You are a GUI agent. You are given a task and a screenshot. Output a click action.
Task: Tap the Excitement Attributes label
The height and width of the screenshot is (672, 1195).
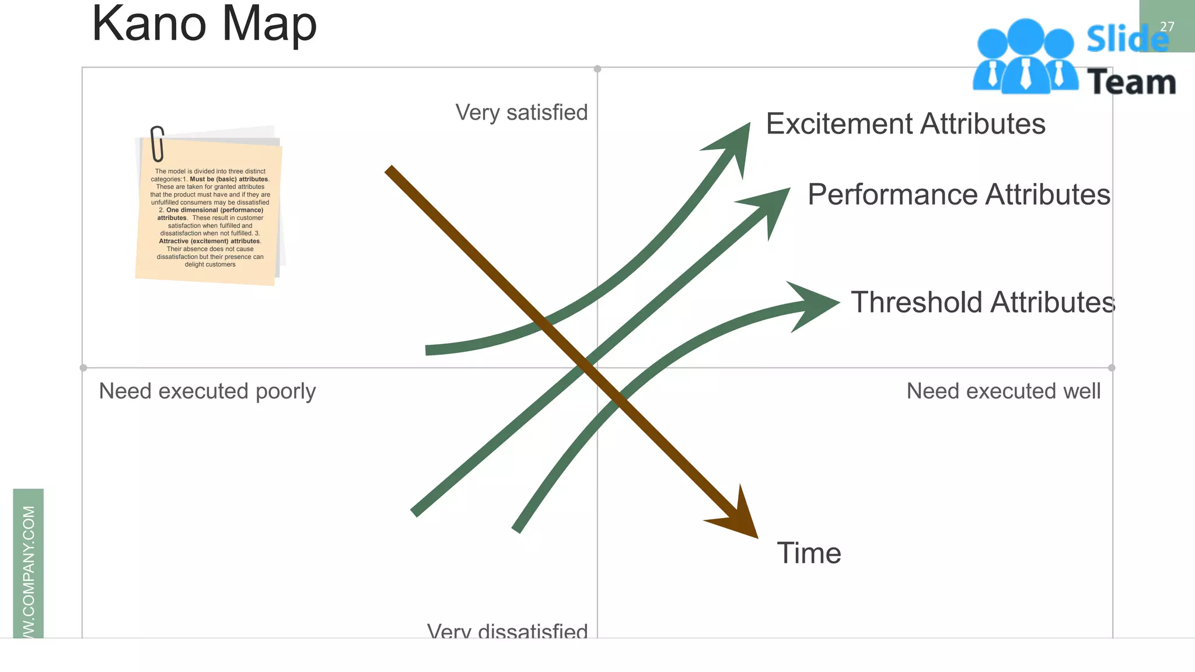905,124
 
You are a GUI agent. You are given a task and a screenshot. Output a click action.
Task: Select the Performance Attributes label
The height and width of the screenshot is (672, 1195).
959,195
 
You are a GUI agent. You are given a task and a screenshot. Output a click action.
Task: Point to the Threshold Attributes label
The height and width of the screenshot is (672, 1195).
983,303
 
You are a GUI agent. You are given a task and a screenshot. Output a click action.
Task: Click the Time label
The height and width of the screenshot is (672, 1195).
809,553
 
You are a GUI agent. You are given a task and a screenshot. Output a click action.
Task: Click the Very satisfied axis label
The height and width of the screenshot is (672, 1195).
521,113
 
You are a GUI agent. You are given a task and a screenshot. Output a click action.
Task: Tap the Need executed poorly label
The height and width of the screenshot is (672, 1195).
207,391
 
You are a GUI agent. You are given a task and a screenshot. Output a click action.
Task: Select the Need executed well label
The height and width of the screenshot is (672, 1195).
1003,391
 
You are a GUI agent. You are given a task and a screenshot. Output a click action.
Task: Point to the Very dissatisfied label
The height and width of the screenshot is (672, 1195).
507,631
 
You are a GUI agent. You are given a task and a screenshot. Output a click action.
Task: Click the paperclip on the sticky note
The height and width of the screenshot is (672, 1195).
157,143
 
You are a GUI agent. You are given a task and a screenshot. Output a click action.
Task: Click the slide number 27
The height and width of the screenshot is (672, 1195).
1167,27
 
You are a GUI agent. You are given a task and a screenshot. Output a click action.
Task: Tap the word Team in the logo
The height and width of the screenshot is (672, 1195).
1131,82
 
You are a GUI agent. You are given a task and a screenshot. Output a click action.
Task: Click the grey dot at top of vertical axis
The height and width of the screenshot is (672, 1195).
597,69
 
